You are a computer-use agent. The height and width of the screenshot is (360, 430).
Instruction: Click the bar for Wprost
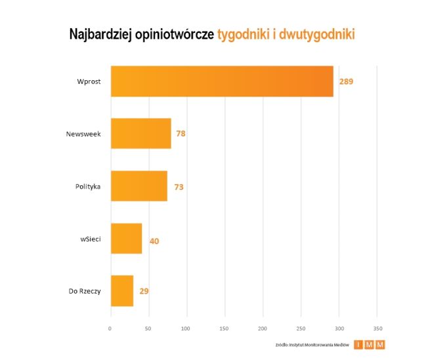click(x=222, y=81)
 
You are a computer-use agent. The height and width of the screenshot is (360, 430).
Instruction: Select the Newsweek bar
click(x=140, y=133)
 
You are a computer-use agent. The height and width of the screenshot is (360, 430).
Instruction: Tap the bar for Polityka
click(x=139, y=186)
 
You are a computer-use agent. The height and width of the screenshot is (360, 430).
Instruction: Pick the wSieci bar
click(x=126, y=238)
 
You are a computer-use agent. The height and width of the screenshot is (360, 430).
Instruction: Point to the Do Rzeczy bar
click(x=122, y=290)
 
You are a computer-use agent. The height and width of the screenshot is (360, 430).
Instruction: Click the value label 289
click(x=346, y=82)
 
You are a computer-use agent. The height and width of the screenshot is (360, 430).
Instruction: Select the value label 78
click(x=181, y=134)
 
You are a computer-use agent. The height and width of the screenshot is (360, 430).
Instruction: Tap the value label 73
click(x=179, y=187)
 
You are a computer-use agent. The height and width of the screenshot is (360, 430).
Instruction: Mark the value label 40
click(x=154, y=241)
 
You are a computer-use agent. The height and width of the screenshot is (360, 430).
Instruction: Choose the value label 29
click(x=144, y=291)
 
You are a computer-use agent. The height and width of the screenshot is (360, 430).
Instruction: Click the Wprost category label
click(x=88, y=81)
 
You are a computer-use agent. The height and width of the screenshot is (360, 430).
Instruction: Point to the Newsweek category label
click(x=83, y=134)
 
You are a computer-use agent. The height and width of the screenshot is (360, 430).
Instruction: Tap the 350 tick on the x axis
click(x=377, y=328)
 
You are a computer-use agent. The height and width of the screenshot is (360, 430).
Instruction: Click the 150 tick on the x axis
click(x=225, y=328)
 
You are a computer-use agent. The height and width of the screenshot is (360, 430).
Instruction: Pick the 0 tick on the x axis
click(x=110, y=328)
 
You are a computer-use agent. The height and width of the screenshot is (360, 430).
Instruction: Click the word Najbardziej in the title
click(x=104, y=35)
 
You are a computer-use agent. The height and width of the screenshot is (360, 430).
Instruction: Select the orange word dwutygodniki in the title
click(x=316, y=35)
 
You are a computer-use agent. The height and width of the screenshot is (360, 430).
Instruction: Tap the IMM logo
click(x=369, y=344)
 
